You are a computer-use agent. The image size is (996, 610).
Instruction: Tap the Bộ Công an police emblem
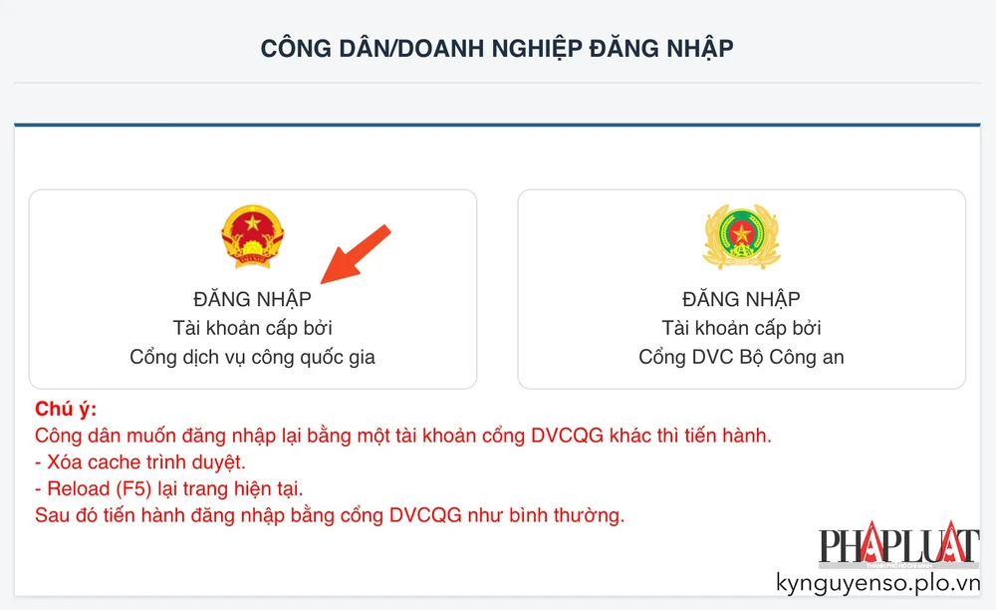tap(741, 237)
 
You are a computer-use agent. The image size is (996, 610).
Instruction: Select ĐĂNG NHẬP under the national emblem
tap(252, 299)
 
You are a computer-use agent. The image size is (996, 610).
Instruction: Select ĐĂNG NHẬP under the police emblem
tap(741, 299)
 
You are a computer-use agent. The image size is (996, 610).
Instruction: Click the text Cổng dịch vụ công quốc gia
tap(252, 357)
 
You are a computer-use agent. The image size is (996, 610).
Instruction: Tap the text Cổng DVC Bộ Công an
tap(741, 357)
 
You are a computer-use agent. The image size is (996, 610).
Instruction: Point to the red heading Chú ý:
tap(66, 410)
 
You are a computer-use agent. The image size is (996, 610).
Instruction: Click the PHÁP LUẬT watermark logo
tap(897, 546)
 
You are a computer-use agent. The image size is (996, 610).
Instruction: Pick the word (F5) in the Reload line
tap(128, 489)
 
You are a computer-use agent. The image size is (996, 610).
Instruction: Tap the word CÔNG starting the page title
tap(292, 48)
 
